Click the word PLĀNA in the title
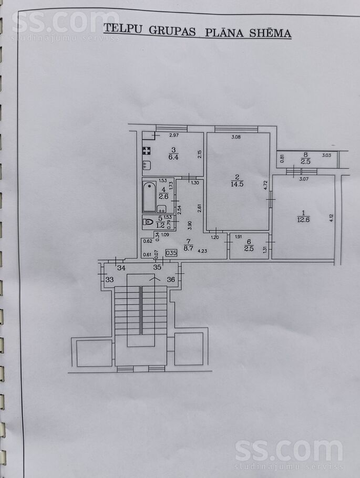click(224, 32)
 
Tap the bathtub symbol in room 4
click(149, 196)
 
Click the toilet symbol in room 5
click(148, 222)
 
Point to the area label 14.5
click(237, 184)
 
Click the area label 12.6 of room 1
click(303, 219)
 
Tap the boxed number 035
click(171, 253)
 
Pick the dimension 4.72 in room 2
click(265, 185)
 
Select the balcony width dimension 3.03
click(326, 155)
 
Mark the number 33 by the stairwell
click(109, 279)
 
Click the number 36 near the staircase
click(171, 279)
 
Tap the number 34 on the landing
click(121, 268)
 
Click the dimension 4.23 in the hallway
click(202, 251)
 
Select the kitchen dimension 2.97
click(174, 136)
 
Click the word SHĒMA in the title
click(270, 33)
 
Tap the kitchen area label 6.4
click(173, 157)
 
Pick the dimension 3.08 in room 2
click(236, 137)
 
